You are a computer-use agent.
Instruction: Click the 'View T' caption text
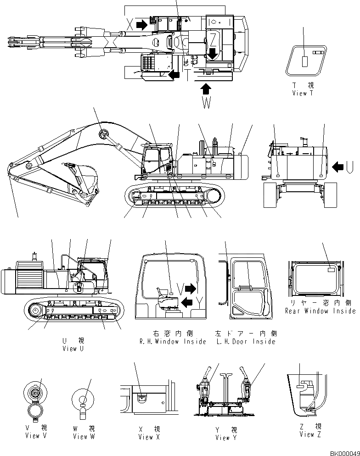click(x=303, y=93)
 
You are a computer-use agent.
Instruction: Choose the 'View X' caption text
click(x=149, y=437)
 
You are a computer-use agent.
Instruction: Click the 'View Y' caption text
click(x=225, y=438)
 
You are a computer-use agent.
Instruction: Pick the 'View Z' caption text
click(x=310, y=434)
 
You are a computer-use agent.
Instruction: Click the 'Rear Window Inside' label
click(x=320, y=311)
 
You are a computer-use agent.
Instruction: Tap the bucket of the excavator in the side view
click(x=84, y=174)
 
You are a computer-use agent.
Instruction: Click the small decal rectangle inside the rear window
click(x=332, y=270)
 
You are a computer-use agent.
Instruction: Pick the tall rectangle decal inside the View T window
click(x=304, y=61)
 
